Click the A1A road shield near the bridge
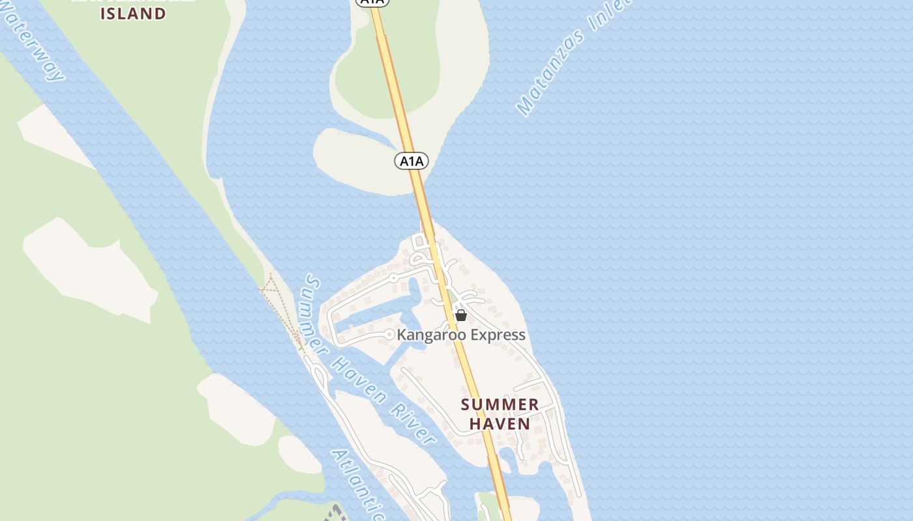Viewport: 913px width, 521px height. (x=412, y=160)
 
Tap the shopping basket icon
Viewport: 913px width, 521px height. (x=461, y=316)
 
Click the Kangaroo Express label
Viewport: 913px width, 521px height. (x=461, y=335)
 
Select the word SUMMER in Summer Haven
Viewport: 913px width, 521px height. (x=500, y=404)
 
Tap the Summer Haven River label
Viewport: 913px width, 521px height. (x=368, y=361)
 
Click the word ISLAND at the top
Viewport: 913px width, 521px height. (x=133, y=14)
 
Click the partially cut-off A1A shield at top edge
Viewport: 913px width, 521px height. (x=372, y=2)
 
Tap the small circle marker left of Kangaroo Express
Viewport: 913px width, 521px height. (x=389, y=335)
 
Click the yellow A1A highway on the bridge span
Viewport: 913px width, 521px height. (x=421, y=202)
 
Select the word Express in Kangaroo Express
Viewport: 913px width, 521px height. (x=493, y=335)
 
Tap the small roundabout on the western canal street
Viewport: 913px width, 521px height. (x=393, y=277)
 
